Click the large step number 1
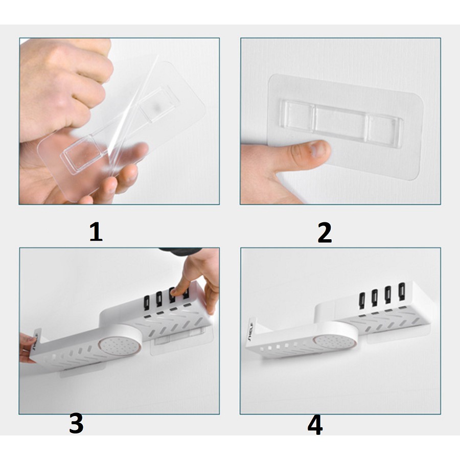pyautogui.click(x=96, y=232)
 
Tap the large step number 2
pyautogui.click(x=325, y=233)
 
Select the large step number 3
pyautogui.click(x=76, y=423)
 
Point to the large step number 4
pyautogui.click(x=315, y=425)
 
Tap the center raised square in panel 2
pyautogui.click(x=340, y=120)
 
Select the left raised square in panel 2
pyautogui.click(x=296, y=115)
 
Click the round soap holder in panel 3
pyautogui.click(x=120, y=347)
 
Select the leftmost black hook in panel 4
pyautogui.click(x=362, y=300)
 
